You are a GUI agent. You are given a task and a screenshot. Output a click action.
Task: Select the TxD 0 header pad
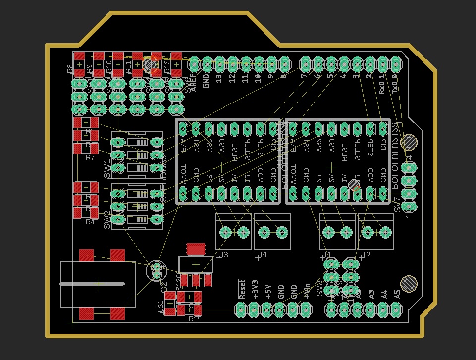[395, 64]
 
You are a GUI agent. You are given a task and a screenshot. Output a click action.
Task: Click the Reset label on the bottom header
[242, 289]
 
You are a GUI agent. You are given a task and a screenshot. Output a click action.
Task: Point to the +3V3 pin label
[255, 289]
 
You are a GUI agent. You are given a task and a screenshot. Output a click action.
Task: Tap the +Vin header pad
[306, 310]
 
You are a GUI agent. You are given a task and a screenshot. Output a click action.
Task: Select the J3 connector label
[223, 255]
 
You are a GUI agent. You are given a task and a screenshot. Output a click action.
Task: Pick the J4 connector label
[262, 255]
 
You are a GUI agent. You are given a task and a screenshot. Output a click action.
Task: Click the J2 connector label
[366, 255]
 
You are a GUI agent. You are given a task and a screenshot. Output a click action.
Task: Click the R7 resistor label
[90, 157]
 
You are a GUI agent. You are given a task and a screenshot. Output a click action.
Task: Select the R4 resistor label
[90, 222]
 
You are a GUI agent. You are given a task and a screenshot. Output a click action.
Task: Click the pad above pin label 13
[219, 64]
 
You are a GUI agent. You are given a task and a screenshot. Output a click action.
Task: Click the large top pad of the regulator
[196, 248]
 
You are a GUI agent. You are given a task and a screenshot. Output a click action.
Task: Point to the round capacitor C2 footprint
[157, 270]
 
